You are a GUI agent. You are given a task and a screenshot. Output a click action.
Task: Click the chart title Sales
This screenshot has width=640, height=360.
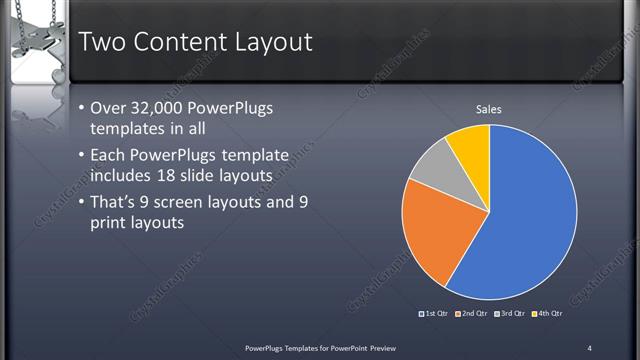[x=488, y=109]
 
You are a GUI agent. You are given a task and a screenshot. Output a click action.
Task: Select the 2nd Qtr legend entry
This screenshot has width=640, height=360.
[x=472, y=315]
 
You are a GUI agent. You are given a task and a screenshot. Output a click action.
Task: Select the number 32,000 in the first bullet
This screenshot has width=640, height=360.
[x=160, y=109]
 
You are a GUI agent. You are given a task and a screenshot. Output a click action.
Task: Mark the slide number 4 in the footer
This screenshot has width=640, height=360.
[x=589, y=347]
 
